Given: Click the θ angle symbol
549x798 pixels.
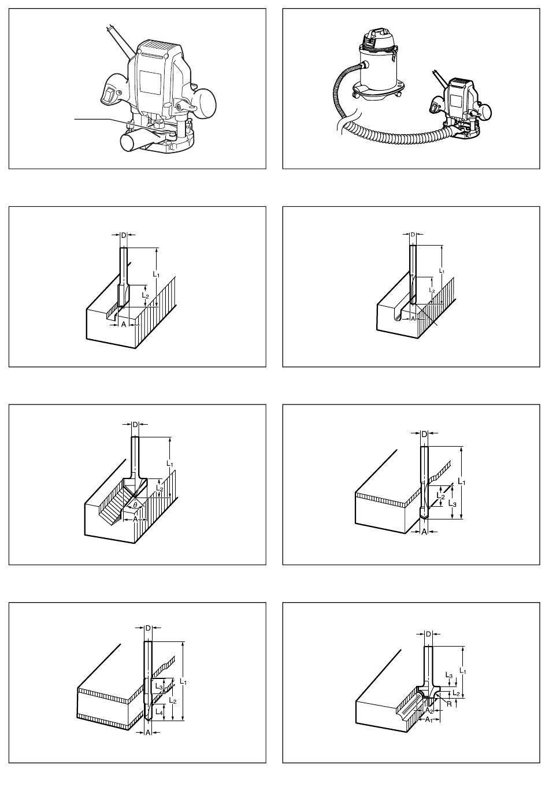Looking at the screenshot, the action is [135, 505].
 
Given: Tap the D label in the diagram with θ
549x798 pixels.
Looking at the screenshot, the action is [135, 424].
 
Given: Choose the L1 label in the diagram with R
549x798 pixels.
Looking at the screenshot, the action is [463, 671].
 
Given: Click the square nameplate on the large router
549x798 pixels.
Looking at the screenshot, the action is [150, 82].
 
